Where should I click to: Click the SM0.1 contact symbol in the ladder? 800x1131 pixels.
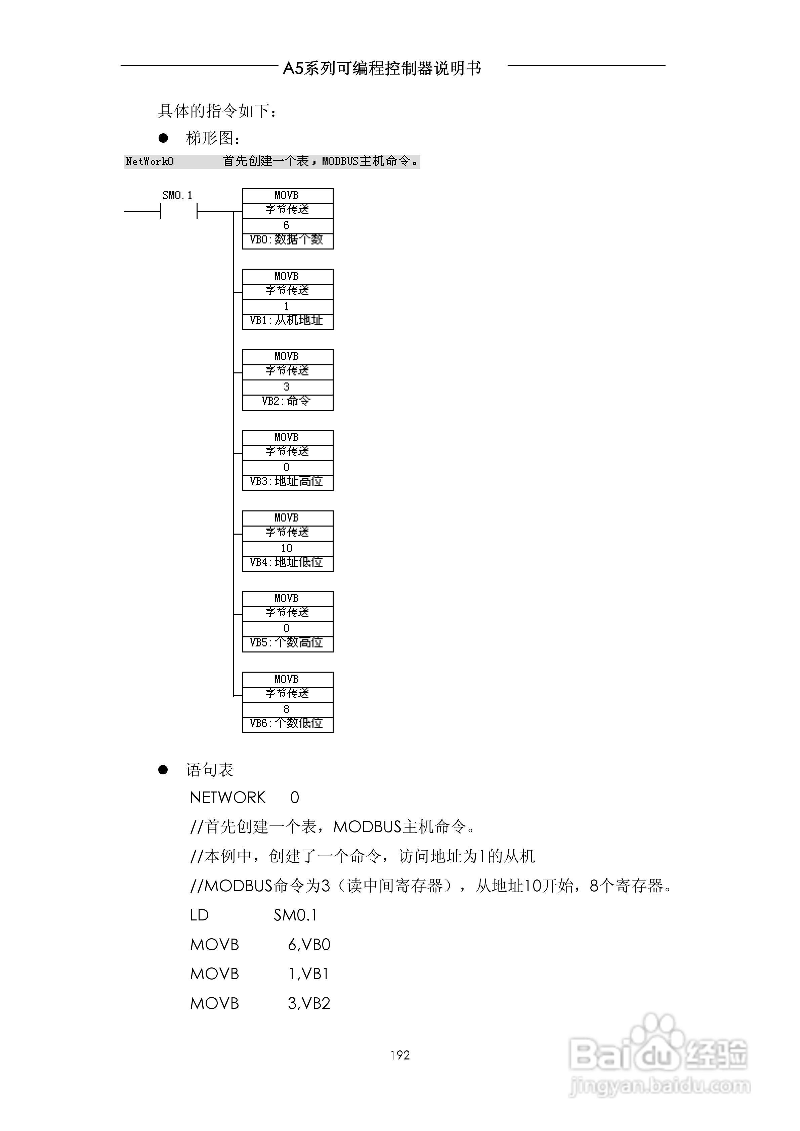pyautogui.click(x=178, y=212)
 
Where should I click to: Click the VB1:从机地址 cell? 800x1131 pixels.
pyautogui.click(x=287, y=321)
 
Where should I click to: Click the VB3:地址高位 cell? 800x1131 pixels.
pyautogui.click(x=287, y=482)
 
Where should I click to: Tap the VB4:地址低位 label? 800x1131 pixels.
pyautogui.click(x=287, y=562)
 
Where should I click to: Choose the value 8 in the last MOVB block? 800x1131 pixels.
pyautogui.click(x=287, y=709)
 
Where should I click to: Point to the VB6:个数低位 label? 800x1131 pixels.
pyautogui.click(x=287, y=724)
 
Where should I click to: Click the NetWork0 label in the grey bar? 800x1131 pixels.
pyautogui.click(x=150, y=162)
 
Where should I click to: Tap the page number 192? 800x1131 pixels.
pyautogui.click(x=400, y=1055)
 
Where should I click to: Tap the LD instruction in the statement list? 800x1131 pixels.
pyautogui.click(x=200, y=915)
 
